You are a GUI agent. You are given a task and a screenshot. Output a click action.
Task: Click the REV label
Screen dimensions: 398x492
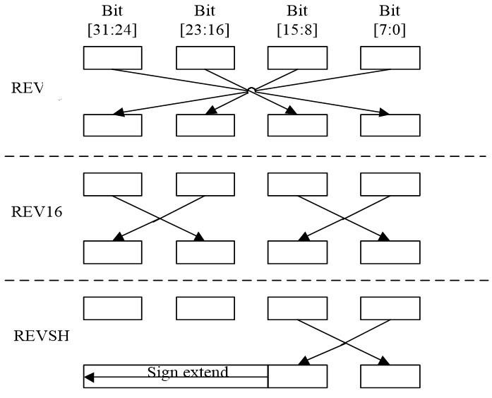28,88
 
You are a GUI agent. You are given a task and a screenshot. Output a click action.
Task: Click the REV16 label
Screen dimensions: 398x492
37,211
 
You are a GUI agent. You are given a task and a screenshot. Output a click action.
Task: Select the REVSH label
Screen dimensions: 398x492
42,335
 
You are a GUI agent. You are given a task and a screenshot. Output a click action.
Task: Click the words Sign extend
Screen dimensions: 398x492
187,372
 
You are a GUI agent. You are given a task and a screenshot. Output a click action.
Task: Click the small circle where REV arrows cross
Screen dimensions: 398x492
251,90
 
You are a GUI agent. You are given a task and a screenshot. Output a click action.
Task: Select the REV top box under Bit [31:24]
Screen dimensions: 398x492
113,58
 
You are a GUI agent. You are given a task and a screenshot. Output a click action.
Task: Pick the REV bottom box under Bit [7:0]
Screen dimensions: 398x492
390,124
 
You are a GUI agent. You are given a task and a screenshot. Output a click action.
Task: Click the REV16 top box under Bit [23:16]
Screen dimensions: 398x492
205,184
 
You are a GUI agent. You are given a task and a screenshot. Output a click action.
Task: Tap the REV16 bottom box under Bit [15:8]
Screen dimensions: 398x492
297,252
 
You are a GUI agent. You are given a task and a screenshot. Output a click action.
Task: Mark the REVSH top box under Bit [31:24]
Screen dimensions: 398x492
113,308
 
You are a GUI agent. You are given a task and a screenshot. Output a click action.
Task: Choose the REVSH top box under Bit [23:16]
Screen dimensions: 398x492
205,308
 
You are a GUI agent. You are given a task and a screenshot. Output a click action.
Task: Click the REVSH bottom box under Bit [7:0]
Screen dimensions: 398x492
390,375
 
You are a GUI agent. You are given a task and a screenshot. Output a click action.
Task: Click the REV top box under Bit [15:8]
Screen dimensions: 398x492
297,58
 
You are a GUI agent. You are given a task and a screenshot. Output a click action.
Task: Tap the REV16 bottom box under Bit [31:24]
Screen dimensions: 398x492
113,252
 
